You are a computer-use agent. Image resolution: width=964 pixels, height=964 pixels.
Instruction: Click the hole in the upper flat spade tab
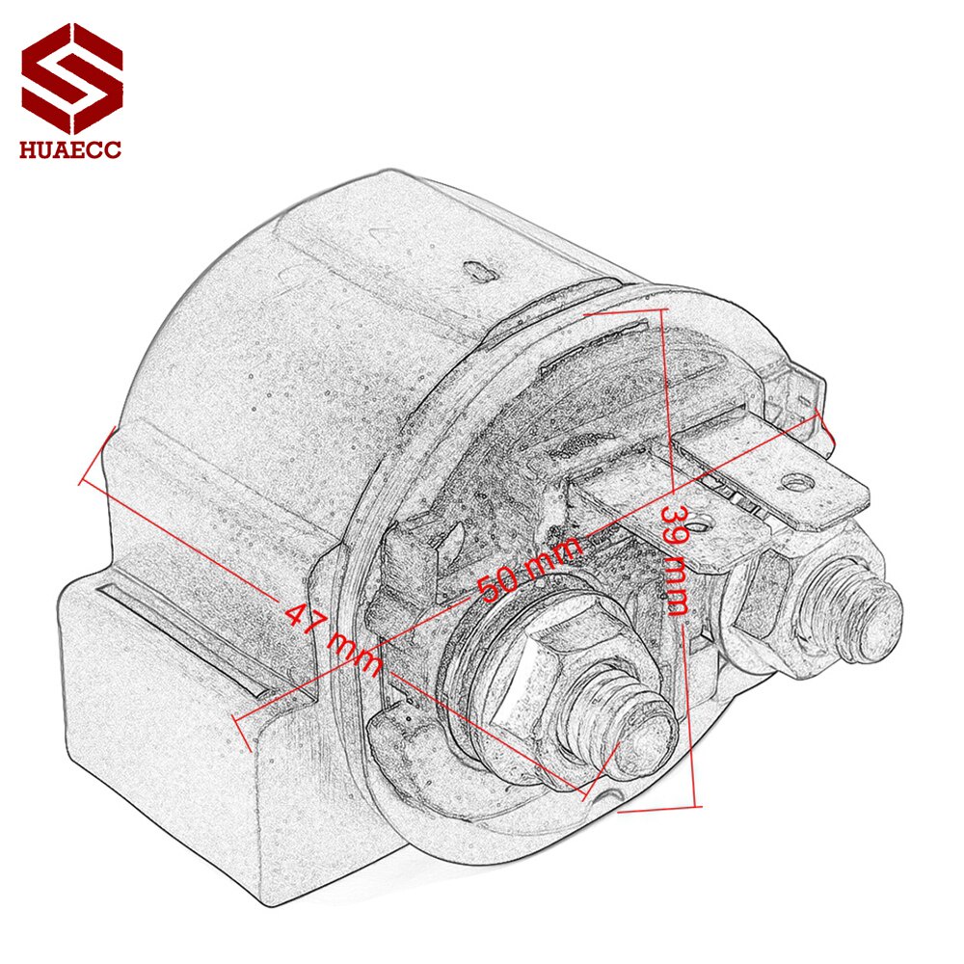coord(795,479)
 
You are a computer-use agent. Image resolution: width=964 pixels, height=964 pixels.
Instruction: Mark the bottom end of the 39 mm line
coord(692,808)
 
